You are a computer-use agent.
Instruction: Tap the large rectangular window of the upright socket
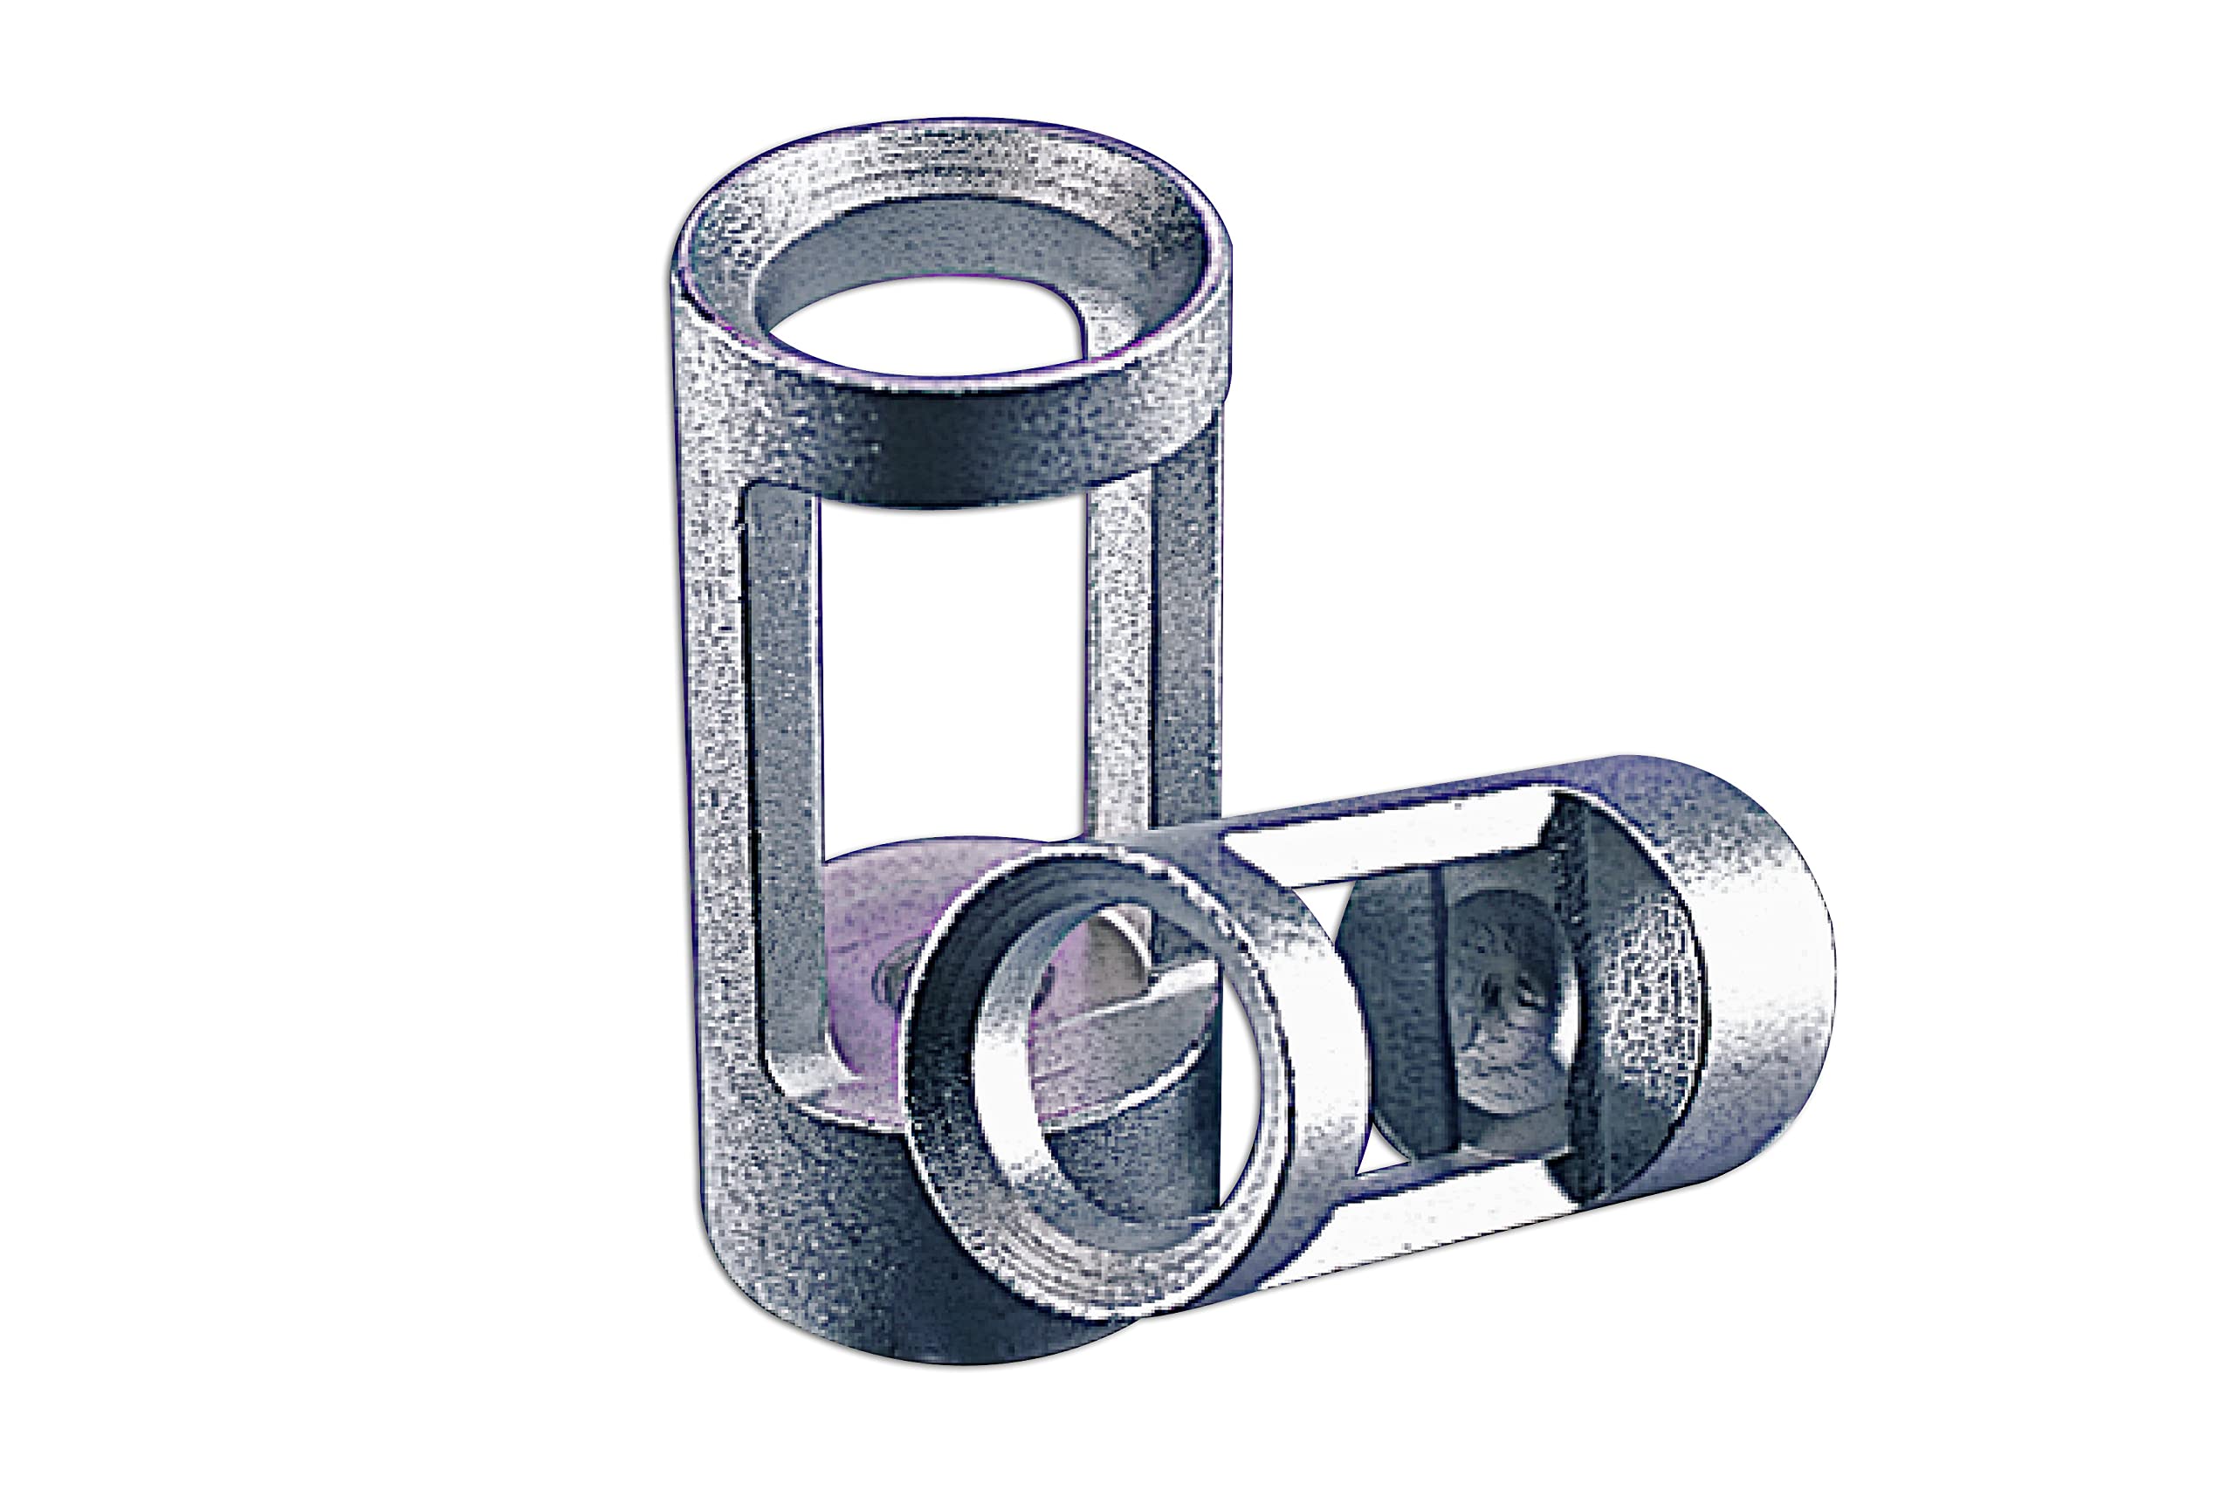click(950, 665)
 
